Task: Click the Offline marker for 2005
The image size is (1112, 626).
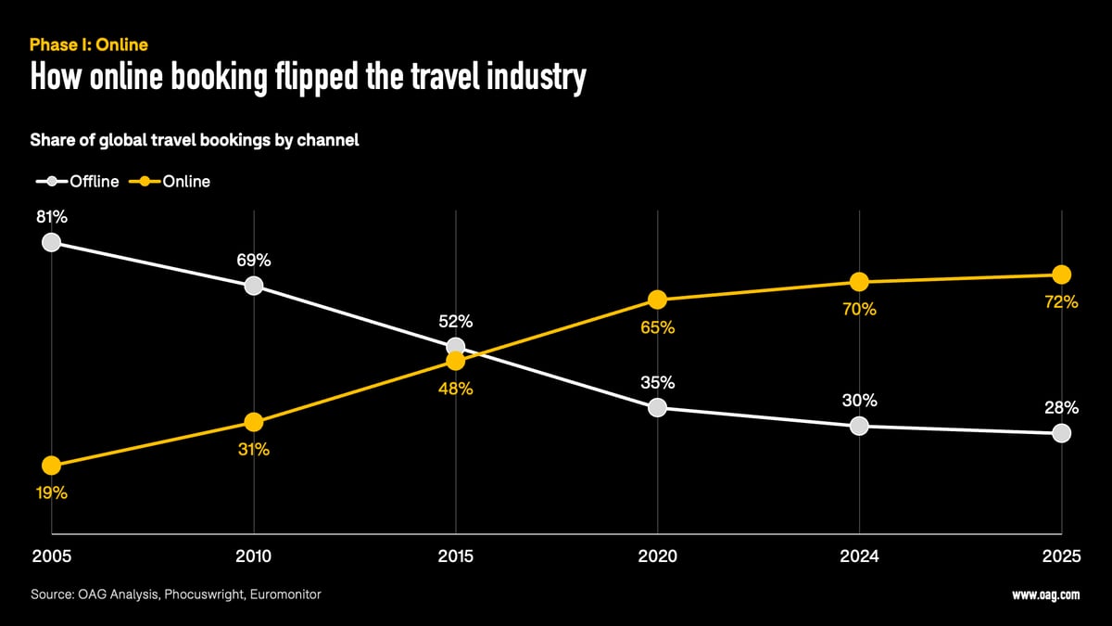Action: (52, 242)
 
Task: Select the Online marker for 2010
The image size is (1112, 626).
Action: (253, 423)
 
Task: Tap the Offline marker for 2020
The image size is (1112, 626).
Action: (657, 407)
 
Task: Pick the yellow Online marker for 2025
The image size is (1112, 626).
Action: (1061, 275)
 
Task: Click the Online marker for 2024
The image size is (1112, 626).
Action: (859, 281)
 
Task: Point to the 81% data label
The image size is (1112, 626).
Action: (52, 217)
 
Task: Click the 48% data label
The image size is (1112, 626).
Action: (455, 390)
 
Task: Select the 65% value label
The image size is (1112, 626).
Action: (657, 328)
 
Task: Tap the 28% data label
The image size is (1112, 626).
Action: (1061, 408)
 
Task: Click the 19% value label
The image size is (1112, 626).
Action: (52, 493)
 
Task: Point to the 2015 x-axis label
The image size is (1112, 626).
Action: (455, 556)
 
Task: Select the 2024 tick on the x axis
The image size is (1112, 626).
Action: (859, 556)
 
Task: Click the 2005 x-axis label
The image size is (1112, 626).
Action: (52, 556)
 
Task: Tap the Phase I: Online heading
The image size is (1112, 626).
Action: (89, 45)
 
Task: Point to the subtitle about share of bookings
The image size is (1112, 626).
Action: (195, 141)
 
